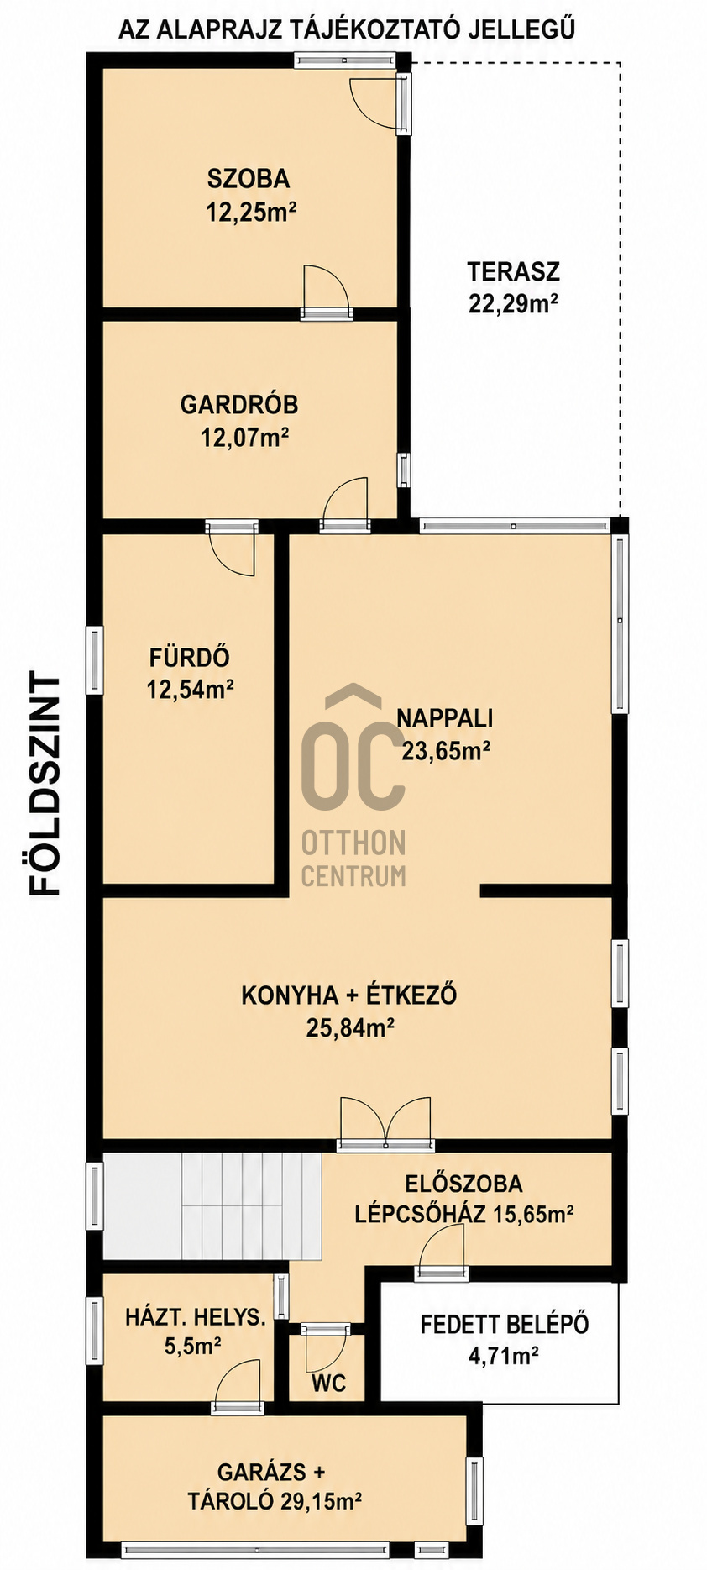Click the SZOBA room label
[x=249, y=178]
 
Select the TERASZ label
[x=513, y=271]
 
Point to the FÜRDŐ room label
[x=190, y=657]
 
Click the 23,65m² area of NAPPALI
[x=446, y=750]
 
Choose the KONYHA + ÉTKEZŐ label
[x=349, y=995]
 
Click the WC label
[x=328, y=1383]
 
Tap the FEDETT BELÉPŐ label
[x=505, y=1325]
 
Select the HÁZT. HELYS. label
[x=195, y=1317]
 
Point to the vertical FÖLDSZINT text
[x=45, y=782]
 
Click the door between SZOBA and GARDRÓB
[x=326, y=291]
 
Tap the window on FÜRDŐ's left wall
[x=95, y=660]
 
